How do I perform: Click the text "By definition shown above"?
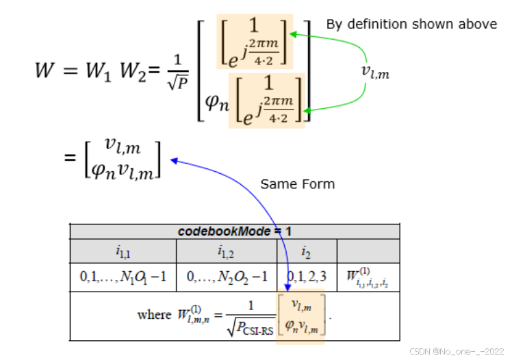pos(411,24)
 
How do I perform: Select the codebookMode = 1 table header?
pos(234,231)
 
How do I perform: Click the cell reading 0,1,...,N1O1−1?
pos(123,277)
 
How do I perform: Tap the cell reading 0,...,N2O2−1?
pos(226,277)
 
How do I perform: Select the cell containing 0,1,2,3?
pos(307,277)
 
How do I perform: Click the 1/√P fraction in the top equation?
pos(181,70)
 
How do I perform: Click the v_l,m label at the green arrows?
pos(374,71)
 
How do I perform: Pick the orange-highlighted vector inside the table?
pos(302,314)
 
